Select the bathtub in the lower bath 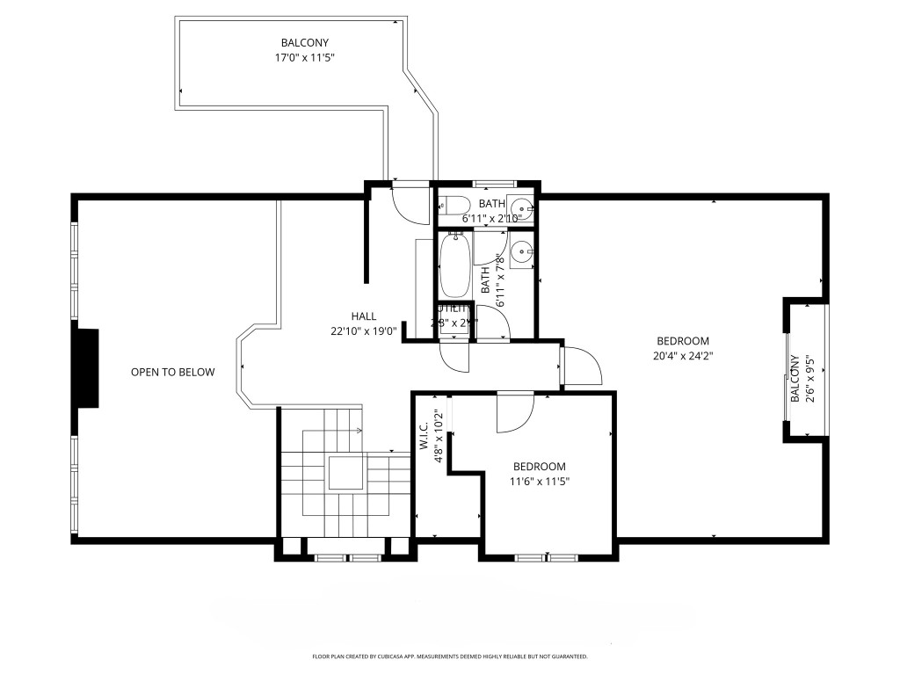coord(455,265)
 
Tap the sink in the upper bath coord(523,205)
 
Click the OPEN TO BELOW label coord(172,372)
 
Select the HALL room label coord(364,316)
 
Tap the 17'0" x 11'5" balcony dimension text coord(305,57)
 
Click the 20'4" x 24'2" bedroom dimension coord(683,356)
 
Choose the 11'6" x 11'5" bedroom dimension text coord(539,482)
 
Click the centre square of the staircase coord(345,473)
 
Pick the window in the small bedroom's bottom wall coord(545,556)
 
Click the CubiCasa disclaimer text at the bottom coord(450,657)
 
